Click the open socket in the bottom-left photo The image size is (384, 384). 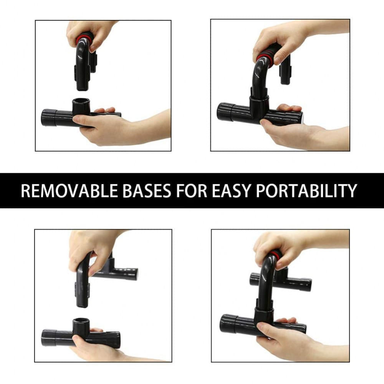(x=81, y=322)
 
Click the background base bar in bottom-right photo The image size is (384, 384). (x=296, y=283)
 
